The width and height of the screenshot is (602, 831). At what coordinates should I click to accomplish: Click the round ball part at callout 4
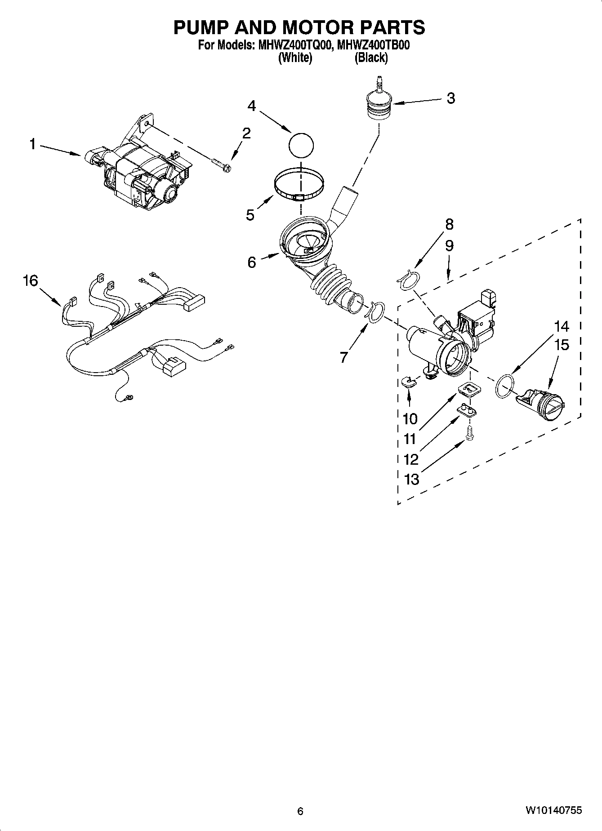(301, 145)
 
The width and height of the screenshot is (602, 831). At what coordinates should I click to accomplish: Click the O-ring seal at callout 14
(504, 386)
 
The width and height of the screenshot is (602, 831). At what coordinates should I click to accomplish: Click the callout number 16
(31, 281)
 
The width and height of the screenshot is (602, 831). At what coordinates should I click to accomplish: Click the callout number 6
(252, 262)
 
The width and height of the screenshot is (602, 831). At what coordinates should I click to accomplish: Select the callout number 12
(411, 459)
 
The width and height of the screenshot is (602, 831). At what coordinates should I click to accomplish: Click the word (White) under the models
(295, 58)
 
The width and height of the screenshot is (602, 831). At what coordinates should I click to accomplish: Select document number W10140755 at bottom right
(553, 810)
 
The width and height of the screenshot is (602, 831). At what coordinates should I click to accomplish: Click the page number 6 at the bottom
(300, 811)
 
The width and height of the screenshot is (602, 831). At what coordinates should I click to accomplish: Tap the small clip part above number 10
(409, 382)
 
